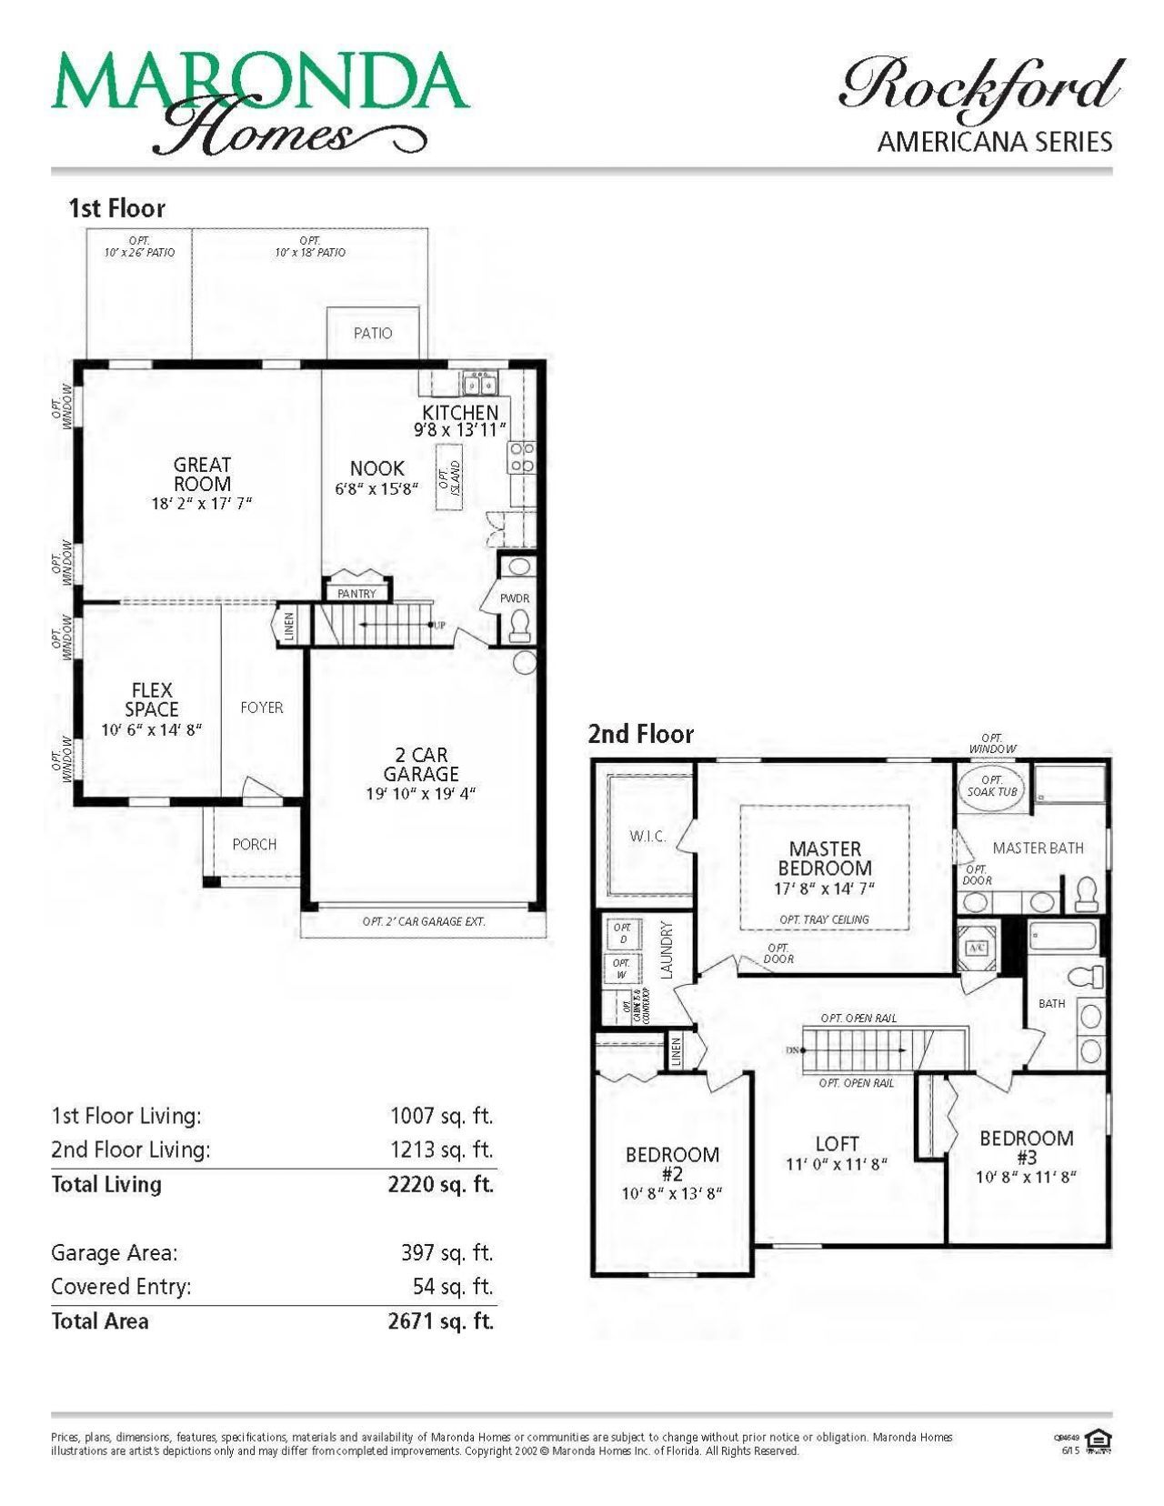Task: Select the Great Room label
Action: click(202, 474)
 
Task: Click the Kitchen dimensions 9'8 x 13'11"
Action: click(459, 430)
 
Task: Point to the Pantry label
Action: click(356, 594)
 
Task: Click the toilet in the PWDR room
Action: click(520, 624)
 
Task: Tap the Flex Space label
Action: click(152, 699)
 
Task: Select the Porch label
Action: click(255, 844)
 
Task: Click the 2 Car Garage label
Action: click(420, 764)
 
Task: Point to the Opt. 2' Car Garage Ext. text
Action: click(424, 921)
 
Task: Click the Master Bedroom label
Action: click(825, 858)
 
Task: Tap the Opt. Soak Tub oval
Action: click(991, 786)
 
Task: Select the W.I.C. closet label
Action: click(647, 836)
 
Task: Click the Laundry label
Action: click(667, 949)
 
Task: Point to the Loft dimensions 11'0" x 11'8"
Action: click(836, 1164)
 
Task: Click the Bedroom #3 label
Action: click(1026, 1148)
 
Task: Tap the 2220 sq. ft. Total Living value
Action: click(440, 1184)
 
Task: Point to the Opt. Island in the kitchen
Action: click(447, 477)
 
